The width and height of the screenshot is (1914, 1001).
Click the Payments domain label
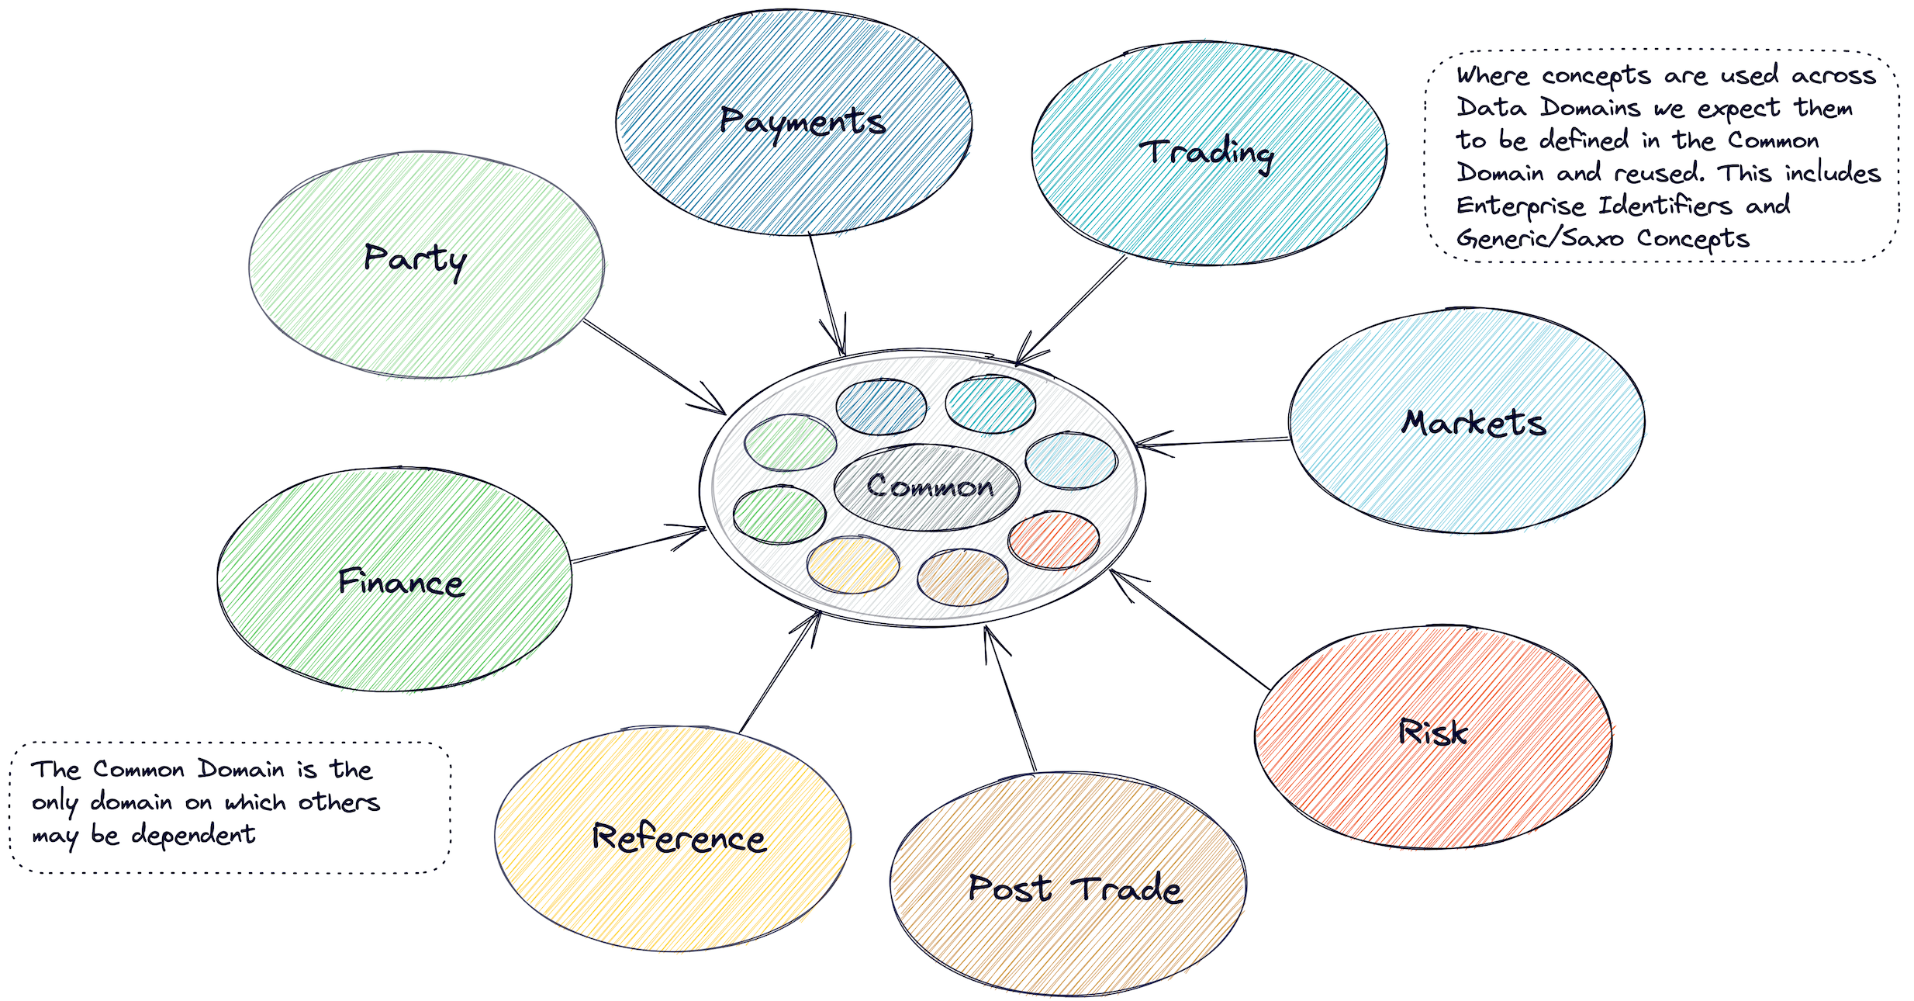point(803,122)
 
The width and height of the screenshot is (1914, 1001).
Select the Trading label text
point(1207,153)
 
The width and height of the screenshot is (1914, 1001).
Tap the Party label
point(415,259)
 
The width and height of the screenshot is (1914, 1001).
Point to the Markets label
point(1474,423)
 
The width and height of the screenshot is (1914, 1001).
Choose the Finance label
point(401,582)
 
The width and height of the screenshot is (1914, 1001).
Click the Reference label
point(679,838)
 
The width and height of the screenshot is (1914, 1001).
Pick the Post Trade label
point(1075,888)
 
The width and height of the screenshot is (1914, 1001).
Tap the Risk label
point(1432,733)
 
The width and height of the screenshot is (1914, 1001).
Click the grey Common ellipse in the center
point(928,487)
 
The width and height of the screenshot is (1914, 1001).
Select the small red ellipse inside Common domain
point(1053,541)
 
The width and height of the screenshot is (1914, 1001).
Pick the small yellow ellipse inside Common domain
point(852,564)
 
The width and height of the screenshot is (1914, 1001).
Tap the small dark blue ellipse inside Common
point(881,406)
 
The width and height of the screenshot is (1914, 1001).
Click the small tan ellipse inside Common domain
point(962,577)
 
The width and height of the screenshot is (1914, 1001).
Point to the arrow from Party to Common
point(655,366)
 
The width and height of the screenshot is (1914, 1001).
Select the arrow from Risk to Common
point(1190,629)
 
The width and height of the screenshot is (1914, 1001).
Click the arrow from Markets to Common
point(1214,442)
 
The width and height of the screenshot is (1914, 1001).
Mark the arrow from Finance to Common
point(637,545)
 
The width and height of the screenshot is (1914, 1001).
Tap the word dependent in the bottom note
point(193,835)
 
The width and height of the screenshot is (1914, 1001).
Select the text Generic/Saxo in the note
point(1539,239)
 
